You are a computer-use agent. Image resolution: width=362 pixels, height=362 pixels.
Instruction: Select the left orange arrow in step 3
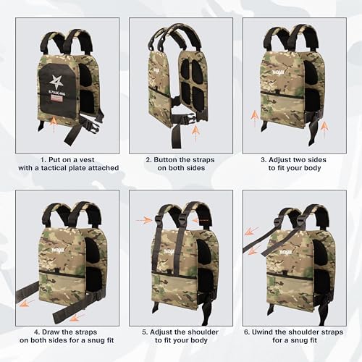tap(253, 116)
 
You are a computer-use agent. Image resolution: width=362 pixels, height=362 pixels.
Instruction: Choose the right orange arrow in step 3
tap(324, 128)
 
